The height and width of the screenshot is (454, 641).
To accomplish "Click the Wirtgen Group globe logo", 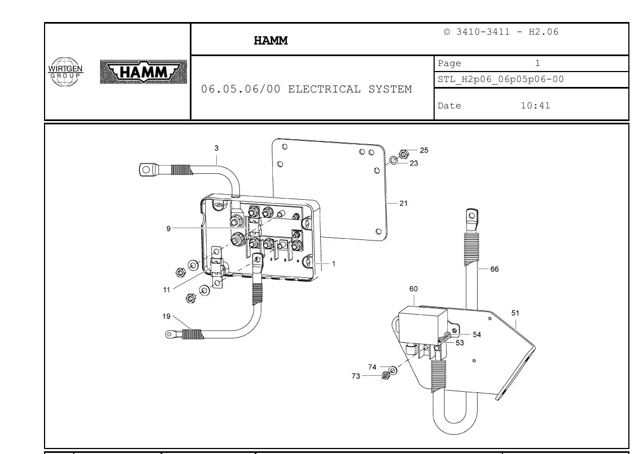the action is pos(65,72).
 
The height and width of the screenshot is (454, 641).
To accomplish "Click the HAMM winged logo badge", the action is pos(144,72).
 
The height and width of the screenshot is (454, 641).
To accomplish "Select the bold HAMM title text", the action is pos(271,41).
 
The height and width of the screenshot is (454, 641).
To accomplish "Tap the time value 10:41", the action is pos(535,106).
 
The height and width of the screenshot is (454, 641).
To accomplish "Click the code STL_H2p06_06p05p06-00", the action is pos(501,79).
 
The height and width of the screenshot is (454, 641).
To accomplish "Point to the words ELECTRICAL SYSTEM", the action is pos(350,89).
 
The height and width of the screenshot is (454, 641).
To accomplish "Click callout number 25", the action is pos(424,150).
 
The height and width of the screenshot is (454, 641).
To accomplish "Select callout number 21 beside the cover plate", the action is pos(403,203).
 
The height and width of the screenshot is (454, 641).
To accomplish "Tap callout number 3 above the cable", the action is pos(216,148).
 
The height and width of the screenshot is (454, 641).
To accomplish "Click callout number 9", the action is pos(168,228).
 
